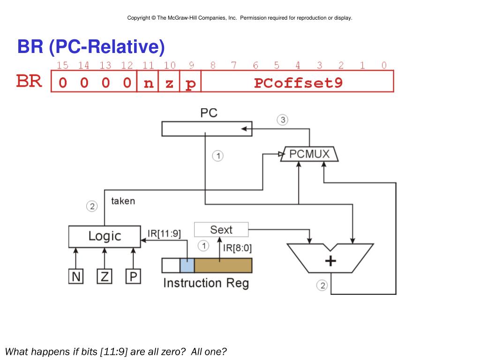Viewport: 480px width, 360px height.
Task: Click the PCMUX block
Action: (x=309, y=154)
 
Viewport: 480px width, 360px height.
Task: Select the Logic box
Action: (x=105, y=236)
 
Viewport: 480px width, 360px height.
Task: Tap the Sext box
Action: (x=221, y=230)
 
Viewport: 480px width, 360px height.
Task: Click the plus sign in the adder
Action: (x=330, y=261)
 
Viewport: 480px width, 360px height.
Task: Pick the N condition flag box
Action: (x=76, y=277)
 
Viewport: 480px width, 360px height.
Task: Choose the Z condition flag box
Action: (x=105, y=277)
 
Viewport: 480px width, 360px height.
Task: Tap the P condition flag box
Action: (x=133, y=277)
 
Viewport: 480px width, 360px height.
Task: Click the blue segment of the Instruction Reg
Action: (x=187, y=265)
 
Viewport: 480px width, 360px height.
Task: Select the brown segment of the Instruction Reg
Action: (x=223, y=265)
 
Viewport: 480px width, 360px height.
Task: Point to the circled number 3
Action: (x=283, y=120)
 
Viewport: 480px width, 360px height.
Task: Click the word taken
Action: (x=123, y=201)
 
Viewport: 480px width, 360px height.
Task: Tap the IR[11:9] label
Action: (x=165, y=234)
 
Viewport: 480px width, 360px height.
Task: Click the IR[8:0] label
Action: (x=237, y=248)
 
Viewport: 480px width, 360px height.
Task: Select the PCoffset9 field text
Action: (x=298, y=83)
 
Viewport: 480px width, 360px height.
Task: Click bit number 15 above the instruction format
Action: (x=62, y=65)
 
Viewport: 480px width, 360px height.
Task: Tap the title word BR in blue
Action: (x=30, y=46)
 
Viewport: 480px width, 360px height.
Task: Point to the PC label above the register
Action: (x=209, y=113)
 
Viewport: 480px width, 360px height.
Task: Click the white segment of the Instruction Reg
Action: (x=171, y=265)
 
